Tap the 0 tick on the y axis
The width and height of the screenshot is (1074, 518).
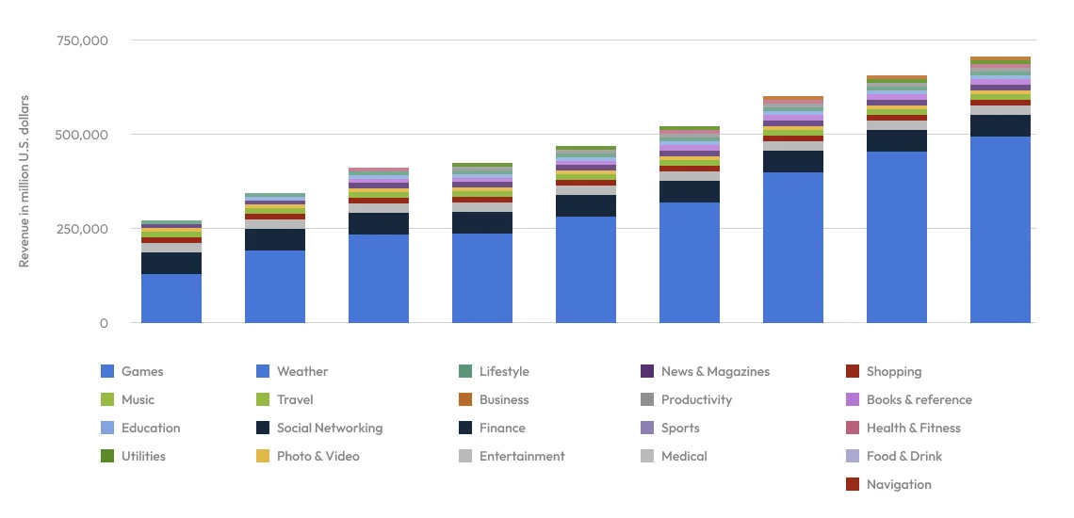tap(104, 324)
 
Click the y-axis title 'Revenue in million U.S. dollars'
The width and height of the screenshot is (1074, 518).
tap(24, 181)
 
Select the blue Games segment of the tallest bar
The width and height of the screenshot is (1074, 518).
tap(1000, 230)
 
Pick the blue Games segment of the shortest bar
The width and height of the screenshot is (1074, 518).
tap(171, 299)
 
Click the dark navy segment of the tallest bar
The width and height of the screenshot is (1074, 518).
tap(1000, 125)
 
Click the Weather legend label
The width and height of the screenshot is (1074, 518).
tap(302, 372)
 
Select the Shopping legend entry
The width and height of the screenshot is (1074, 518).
tap(893, 372)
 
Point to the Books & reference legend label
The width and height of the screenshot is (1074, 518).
tap(919, 400)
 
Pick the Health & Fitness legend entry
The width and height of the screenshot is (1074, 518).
tap(913, 429)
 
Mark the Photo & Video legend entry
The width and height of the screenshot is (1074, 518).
tap(317, 457)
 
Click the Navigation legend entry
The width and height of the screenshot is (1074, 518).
tap(899, 485)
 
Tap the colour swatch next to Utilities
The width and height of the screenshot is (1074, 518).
tap(107, 457)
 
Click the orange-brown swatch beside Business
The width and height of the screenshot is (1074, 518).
tap(465, 400)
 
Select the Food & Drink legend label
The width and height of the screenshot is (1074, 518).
tap(903, 457)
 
